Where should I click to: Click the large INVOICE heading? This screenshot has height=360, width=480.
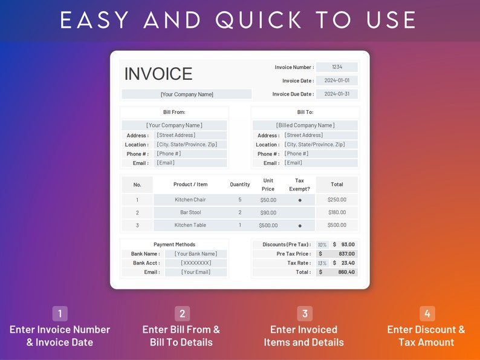[x=158, y=74]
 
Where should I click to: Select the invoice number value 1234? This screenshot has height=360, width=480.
[x=337, y=67]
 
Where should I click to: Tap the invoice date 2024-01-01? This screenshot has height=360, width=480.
[x=337, y=80]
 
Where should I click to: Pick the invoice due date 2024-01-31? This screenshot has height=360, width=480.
[x=337, y=94]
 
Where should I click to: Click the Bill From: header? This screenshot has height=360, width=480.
[x=174, y=112]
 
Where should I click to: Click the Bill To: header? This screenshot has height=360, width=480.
[x=305, y=112]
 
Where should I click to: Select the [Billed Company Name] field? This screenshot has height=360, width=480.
[x=305, y=125]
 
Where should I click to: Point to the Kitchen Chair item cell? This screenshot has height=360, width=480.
[x=190, y=200]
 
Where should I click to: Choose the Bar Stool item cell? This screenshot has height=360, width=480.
[x=190, y=212]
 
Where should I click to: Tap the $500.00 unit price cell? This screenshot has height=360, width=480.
[x=268, y=225]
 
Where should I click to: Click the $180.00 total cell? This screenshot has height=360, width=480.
[x=337, y=212]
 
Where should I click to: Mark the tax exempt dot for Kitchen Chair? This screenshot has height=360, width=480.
[x=300, y=200]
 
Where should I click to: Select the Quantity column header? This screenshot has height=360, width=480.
[x=240, y=185]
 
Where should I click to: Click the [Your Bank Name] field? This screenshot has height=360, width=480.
[x=195, y=254]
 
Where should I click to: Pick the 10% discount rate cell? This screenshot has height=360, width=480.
[x=322, y=244]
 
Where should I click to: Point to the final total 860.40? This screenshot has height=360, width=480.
[x=346, y=272]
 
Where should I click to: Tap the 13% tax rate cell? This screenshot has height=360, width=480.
[x=322, y=263]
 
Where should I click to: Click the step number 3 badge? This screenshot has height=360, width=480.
[x=305, y=313]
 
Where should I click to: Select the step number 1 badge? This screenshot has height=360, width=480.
[x=60, y=313]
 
